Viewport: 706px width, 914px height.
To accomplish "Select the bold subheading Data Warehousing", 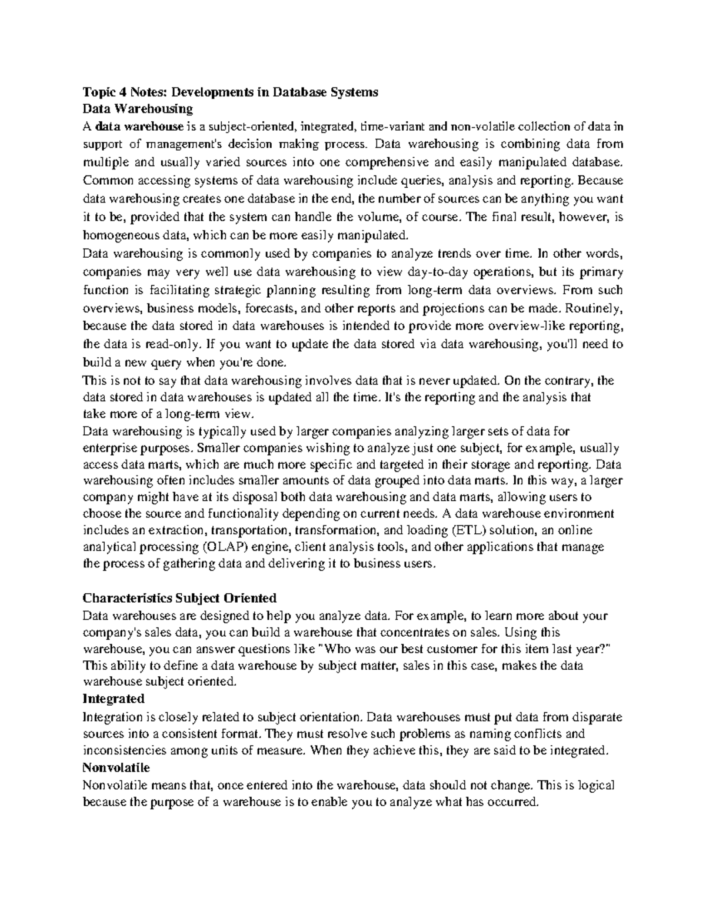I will pyautogui.click(x=138, y=109).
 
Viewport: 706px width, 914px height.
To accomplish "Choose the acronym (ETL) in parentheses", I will pyautogui.click(x=470, y=530).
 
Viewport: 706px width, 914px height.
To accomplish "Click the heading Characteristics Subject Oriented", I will pyautogui.click(x=179, y=599).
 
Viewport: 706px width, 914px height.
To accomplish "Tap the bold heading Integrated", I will pyautogui.click(x=113, y=699).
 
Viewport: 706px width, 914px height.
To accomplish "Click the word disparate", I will pyautogui.click(x=595, y=717).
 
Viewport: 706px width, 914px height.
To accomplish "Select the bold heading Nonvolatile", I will pyautogui.click(x=116, y=768).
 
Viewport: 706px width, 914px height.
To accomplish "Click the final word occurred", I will pyautogui.click(x=514, y=802).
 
